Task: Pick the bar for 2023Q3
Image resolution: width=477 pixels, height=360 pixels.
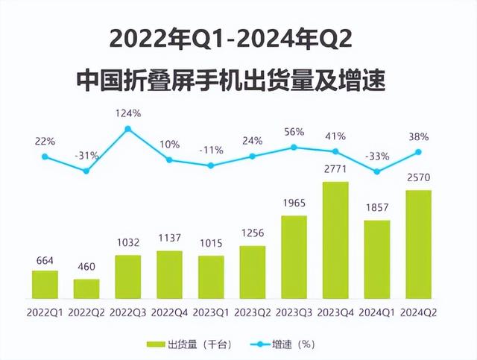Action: [294, 258]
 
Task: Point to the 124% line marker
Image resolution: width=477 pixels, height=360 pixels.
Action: [128, 129]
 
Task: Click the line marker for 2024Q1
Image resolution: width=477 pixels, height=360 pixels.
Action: [377, 171]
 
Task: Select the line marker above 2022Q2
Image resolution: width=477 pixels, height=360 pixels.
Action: [86, 171]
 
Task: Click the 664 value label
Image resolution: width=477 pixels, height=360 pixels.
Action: [45, 260]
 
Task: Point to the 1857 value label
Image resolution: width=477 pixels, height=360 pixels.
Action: [377, 209]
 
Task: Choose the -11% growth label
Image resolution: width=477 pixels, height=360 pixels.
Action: [211, 149]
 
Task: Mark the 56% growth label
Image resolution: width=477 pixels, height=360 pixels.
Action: [294, 132]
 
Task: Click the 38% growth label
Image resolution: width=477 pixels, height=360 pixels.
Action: [419, 136]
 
